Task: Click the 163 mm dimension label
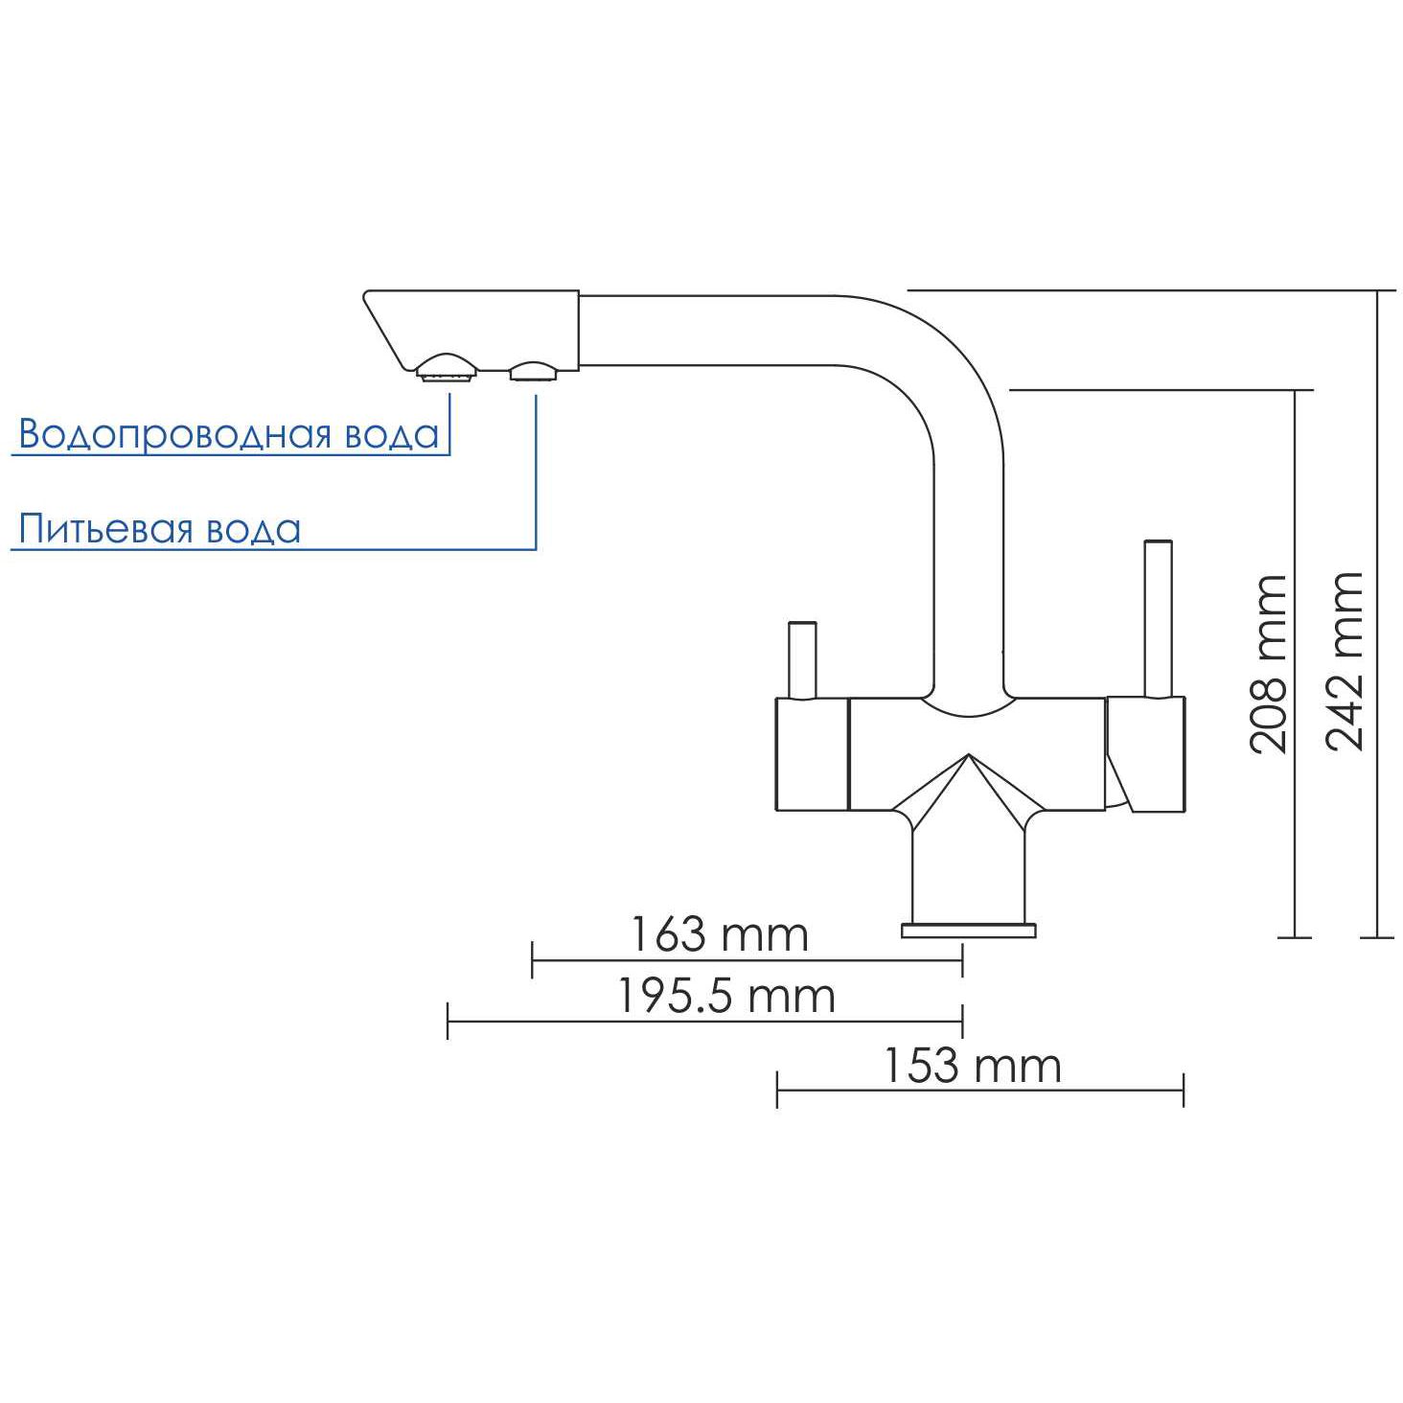coord(718,934)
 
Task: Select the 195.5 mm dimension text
coord(724,997)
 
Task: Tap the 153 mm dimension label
coord(971,1066)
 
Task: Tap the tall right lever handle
coord(1159,618)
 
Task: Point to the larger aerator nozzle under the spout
coord(447,366)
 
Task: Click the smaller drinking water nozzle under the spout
coord(532,371)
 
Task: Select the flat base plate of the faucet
coord(968,930)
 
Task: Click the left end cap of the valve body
coord(810,754)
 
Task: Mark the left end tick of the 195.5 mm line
coord(448,1021)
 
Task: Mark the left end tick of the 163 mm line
coord(532,958)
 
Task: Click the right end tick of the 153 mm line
coord(1184,1090)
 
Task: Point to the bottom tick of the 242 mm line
coord(1377,936)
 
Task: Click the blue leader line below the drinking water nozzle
coord(536,470)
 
